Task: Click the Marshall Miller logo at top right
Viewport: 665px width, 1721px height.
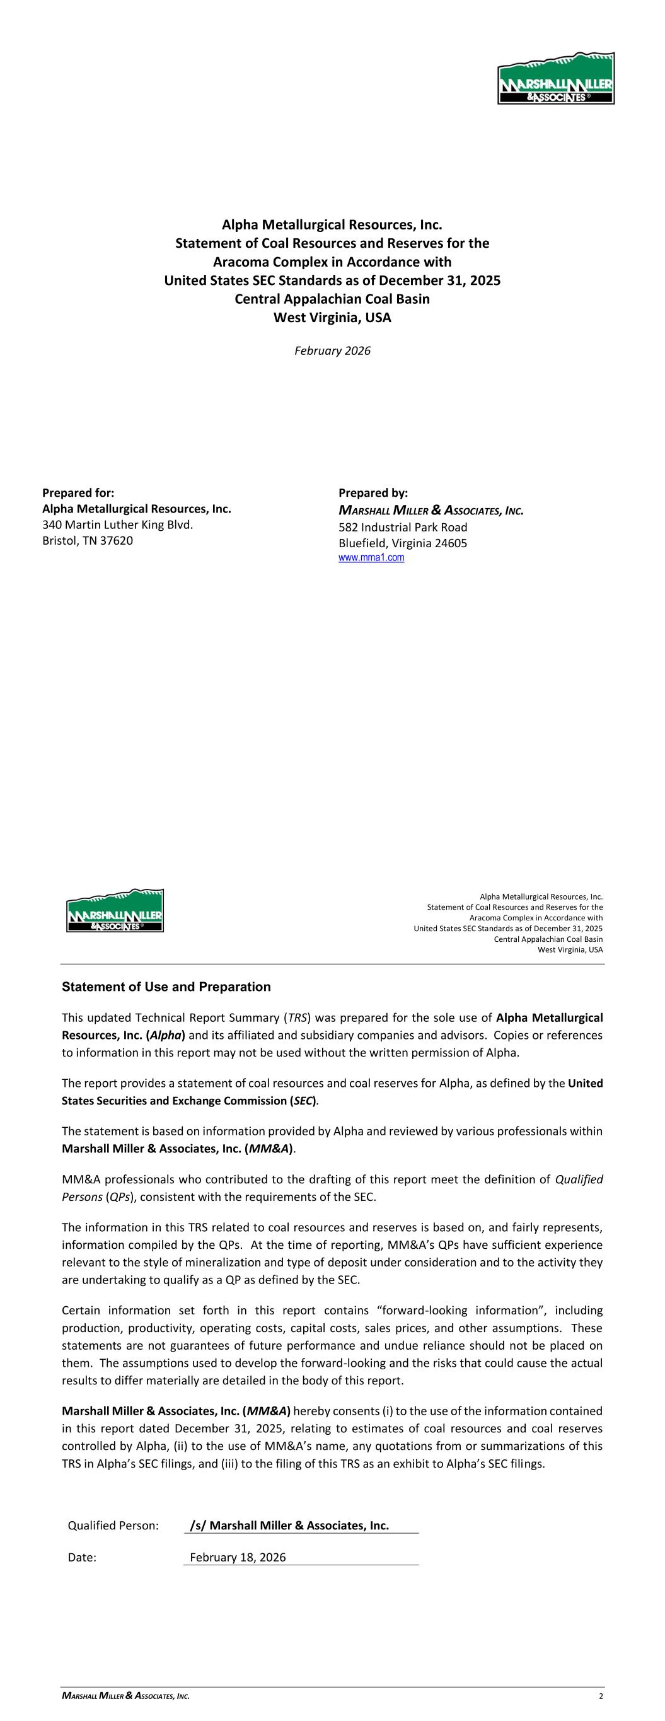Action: (555, 79)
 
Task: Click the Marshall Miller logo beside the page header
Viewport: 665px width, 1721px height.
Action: (115, 910)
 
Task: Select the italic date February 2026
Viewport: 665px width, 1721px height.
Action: (332, 351)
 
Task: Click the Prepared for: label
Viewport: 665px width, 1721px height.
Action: (78, 493)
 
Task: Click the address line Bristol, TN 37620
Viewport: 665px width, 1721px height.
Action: (88, 540)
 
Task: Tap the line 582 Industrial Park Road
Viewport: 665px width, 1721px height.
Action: (403, 527)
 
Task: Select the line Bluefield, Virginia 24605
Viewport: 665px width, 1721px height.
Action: (403, 543)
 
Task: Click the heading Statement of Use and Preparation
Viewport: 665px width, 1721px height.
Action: (166, 987)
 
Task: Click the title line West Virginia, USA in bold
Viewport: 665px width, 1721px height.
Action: (332, 317)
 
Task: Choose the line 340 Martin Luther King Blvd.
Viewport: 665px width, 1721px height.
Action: (118, 524)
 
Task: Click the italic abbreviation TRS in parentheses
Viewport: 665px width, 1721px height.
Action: (298, 1017)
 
